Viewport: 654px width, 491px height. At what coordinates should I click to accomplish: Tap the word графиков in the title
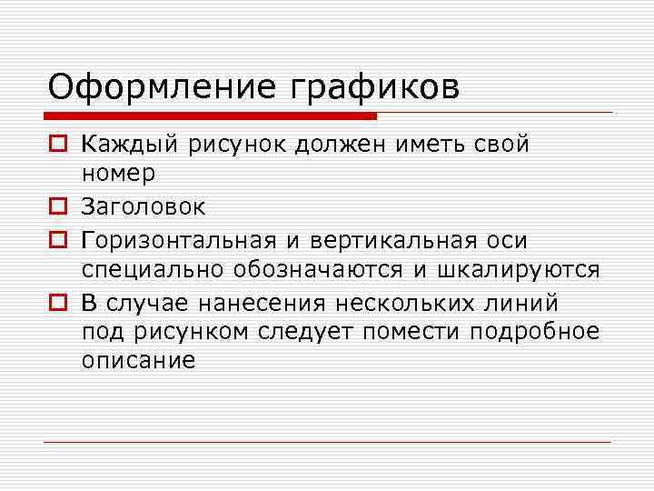pos(376,88)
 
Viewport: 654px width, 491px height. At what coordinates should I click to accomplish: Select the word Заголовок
pos(144,207)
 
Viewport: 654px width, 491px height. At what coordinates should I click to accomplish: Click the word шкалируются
pos(519,270)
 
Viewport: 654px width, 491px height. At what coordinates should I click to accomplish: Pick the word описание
pos(138,361)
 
